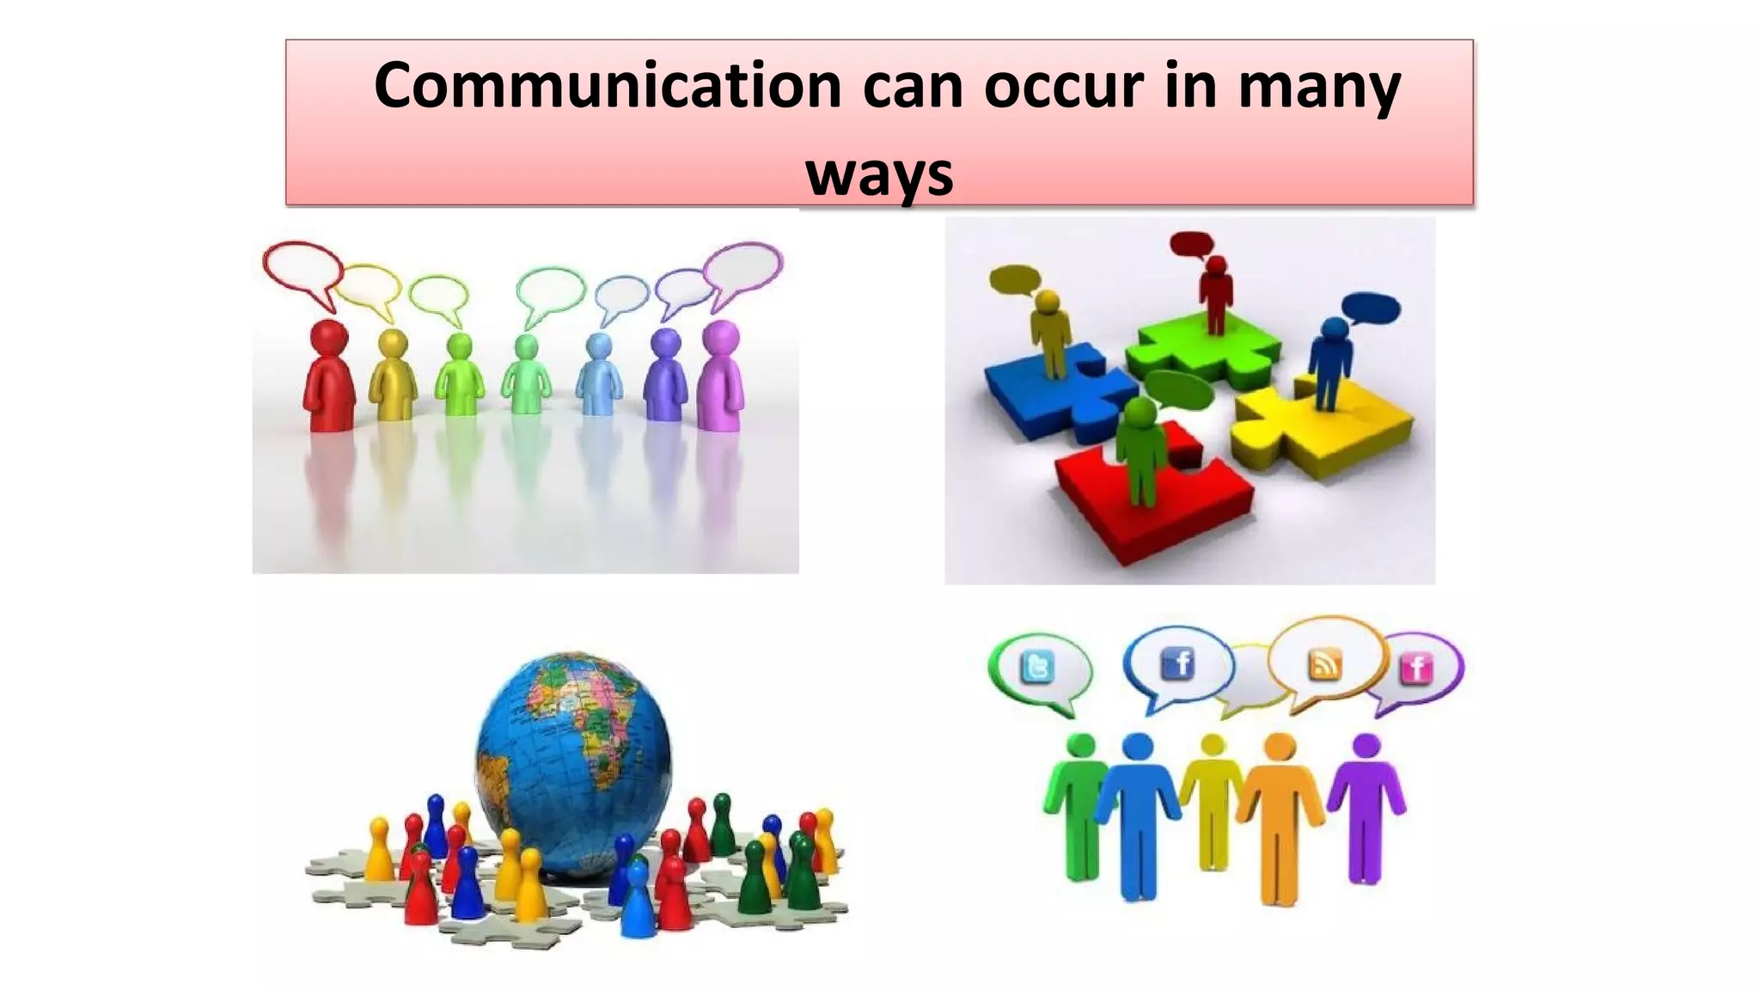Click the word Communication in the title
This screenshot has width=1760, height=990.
point(608,86)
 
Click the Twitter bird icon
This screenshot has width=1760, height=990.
point(1037,667)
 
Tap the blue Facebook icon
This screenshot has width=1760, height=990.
point(1177,663)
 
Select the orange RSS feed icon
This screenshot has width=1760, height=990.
point(1324,664)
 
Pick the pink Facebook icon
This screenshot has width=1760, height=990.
point(1416,668)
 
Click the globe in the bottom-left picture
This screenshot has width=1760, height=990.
point(573,761)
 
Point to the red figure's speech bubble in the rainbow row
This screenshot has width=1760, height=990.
point(302,269)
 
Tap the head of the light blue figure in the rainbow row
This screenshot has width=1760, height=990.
point(598,348)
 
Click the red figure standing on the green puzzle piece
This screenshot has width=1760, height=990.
point(1215,292)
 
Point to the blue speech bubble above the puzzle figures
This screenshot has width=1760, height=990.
point(1372,308)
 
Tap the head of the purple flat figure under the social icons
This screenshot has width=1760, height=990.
point(1366,746)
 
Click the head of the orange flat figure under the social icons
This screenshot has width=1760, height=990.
point(1280,746)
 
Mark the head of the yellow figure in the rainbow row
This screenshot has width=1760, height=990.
point(393,344)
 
